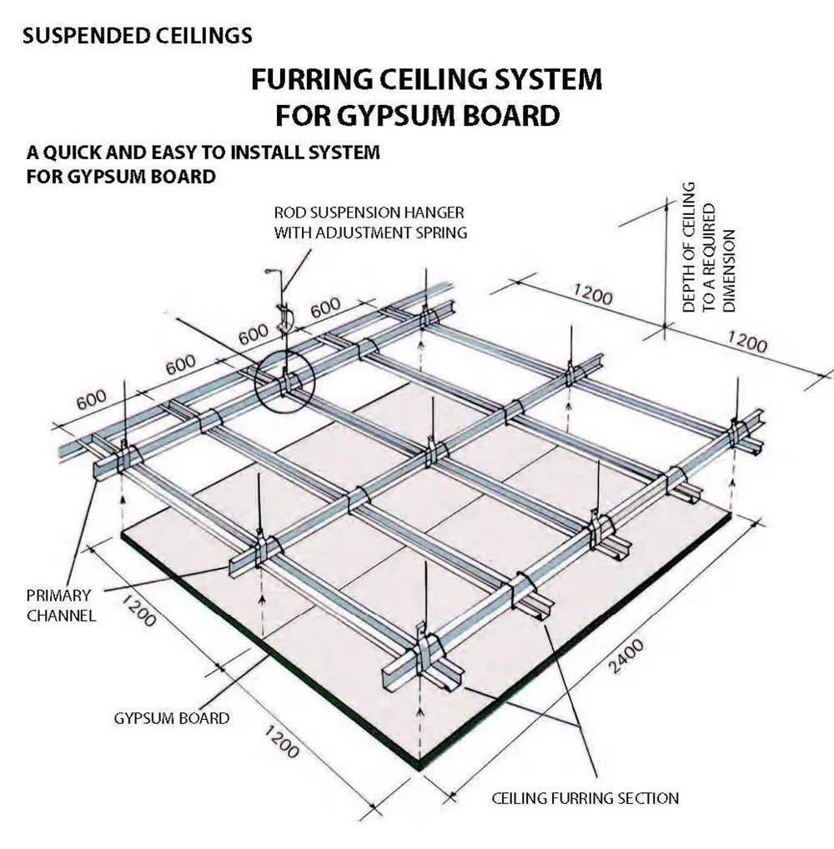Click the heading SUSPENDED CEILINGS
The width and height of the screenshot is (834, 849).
click(138, 36)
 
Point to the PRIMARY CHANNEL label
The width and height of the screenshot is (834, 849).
click(60, 606)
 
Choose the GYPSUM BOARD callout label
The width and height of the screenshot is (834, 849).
click(170, 717)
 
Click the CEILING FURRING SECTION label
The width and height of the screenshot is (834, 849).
click(585, 798)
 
